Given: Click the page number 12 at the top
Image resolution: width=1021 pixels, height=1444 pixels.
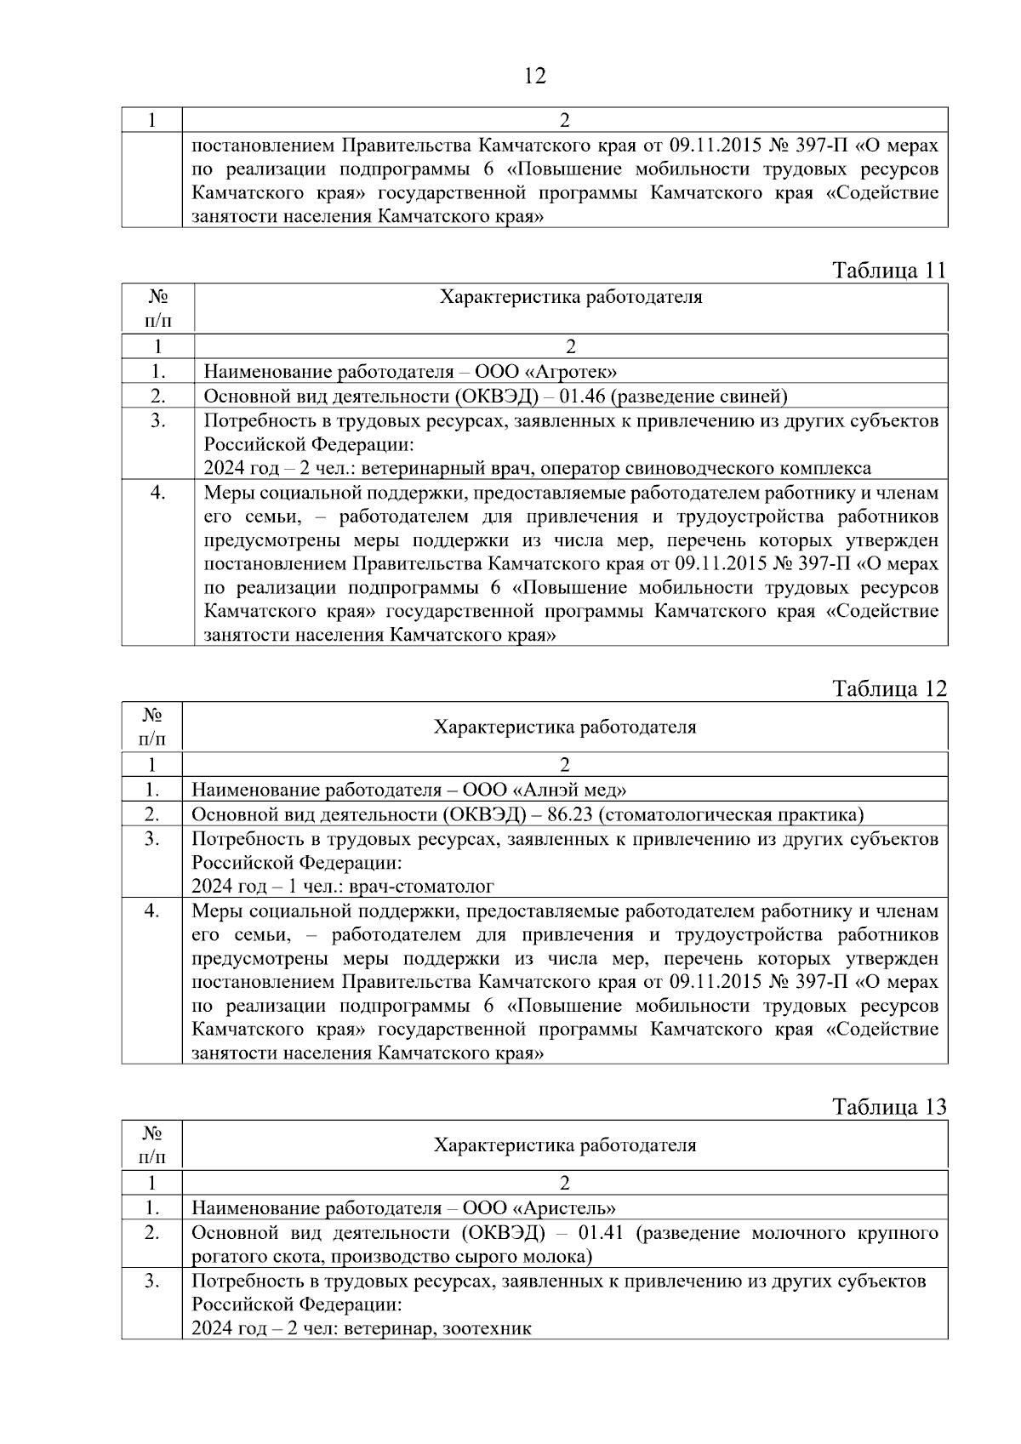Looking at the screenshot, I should coord(534,77).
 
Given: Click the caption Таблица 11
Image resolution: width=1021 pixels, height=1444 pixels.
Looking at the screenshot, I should coord(889,271).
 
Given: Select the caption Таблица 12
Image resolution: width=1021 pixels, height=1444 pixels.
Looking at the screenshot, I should coord(889,688).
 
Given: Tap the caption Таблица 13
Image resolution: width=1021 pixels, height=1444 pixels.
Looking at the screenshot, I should coord(889,1107).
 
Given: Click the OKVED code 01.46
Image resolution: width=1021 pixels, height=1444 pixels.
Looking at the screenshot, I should coord(583,397).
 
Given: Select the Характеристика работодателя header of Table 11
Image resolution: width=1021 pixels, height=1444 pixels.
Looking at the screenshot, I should coord(571,297).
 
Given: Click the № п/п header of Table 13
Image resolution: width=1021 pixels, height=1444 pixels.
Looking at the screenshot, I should coord(152,1144).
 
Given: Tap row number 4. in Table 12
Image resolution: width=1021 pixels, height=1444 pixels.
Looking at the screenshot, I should coord(152,911).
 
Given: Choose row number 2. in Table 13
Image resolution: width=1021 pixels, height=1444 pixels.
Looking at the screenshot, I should coord(152,1233).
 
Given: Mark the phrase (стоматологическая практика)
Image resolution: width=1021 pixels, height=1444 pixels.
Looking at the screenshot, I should coord(731,814).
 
